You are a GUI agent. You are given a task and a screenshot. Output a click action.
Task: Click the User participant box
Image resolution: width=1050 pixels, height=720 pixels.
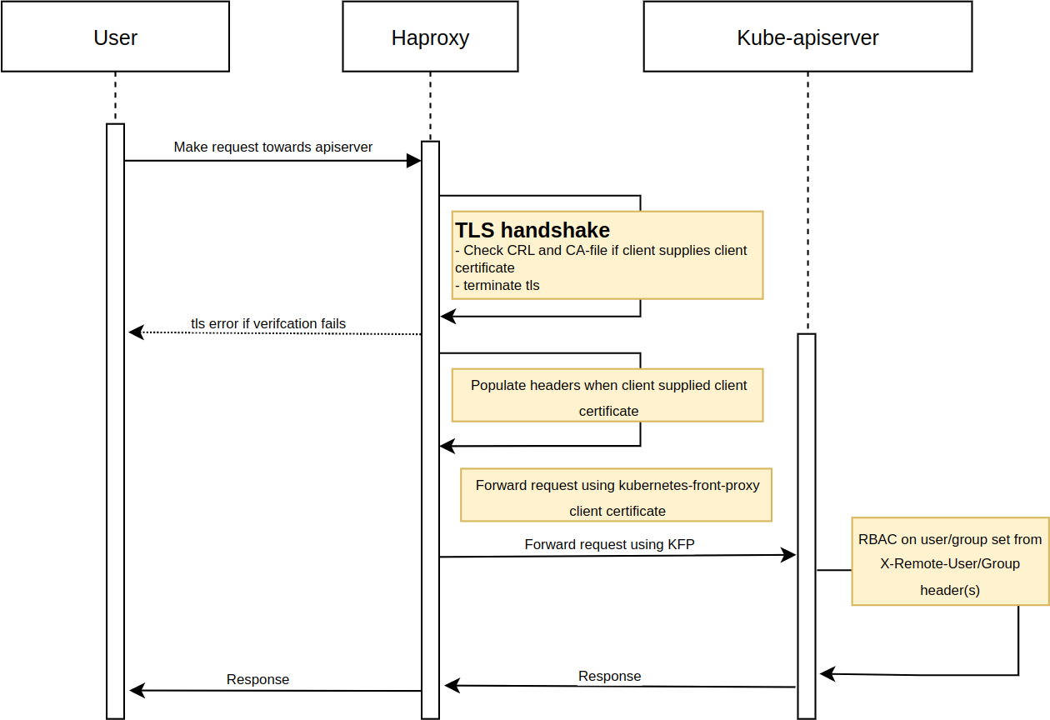(115, 37)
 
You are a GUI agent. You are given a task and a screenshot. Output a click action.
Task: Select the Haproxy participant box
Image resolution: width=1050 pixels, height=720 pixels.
(430, 37)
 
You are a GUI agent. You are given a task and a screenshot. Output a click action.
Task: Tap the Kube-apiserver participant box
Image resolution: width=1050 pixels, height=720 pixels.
(807, 37)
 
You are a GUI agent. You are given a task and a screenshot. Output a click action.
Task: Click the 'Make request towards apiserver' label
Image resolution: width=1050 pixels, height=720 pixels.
(272, 147)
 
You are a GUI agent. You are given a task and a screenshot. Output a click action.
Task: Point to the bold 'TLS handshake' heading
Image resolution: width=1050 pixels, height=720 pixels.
(532, 230)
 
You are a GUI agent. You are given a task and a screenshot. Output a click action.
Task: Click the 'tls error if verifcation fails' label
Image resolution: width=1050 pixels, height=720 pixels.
(268, 323)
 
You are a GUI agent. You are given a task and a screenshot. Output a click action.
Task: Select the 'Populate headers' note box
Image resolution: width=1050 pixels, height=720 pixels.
(607, 395)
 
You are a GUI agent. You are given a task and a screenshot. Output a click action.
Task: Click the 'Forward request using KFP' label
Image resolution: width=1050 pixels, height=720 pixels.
(609, 544)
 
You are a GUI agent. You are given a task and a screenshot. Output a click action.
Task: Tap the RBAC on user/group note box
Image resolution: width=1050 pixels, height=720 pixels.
(950, 560)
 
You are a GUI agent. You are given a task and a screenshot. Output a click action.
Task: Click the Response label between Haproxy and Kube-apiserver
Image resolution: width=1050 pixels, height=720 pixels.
(609, 676)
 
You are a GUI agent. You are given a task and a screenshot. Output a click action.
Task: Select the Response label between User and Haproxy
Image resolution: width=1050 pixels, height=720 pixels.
(257, 679)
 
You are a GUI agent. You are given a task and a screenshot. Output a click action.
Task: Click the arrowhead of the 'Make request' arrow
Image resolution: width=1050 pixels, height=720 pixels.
(413, 161)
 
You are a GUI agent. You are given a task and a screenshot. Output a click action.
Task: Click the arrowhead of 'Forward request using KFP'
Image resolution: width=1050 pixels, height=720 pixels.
(788, 555)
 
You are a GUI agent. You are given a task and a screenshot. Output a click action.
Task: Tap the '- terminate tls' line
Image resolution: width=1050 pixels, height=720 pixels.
(497, 286)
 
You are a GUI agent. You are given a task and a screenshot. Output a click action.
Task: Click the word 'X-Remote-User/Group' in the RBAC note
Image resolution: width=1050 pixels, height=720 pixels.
(950, 563)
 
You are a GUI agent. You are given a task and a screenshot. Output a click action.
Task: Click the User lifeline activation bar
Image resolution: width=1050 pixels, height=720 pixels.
(115, 417)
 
